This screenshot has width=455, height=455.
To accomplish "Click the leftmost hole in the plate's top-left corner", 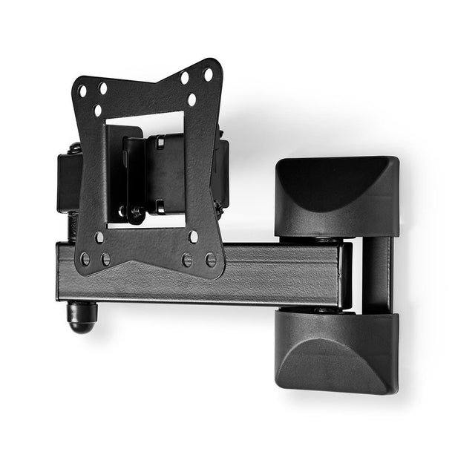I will click(83, 91).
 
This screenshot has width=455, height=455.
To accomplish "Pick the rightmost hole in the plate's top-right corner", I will click(209, 74).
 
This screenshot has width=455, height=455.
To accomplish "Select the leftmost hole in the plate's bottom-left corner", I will click(85, 258).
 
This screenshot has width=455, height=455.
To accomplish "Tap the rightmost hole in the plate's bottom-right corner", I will click(211, 260).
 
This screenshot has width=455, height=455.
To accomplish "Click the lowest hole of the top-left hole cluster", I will click(97, 110).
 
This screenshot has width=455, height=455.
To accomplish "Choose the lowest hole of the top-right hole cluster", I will click(192, 99).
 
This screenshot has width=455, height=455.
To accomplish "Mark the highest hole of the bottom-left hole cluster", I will click(99, 238).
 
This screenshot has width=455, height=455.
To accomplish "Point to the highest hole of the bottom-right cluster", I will click(193, 237).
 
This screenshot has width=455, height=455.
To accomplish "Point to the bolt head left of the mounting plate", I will click(75, 148).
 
